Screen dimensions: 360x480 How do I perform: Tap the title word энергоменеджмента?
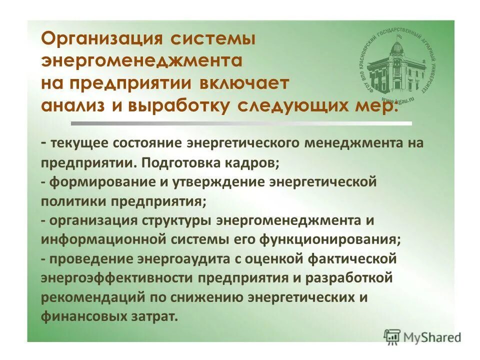141,61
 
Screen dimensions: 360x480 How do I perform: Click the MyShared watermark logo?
422,336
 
